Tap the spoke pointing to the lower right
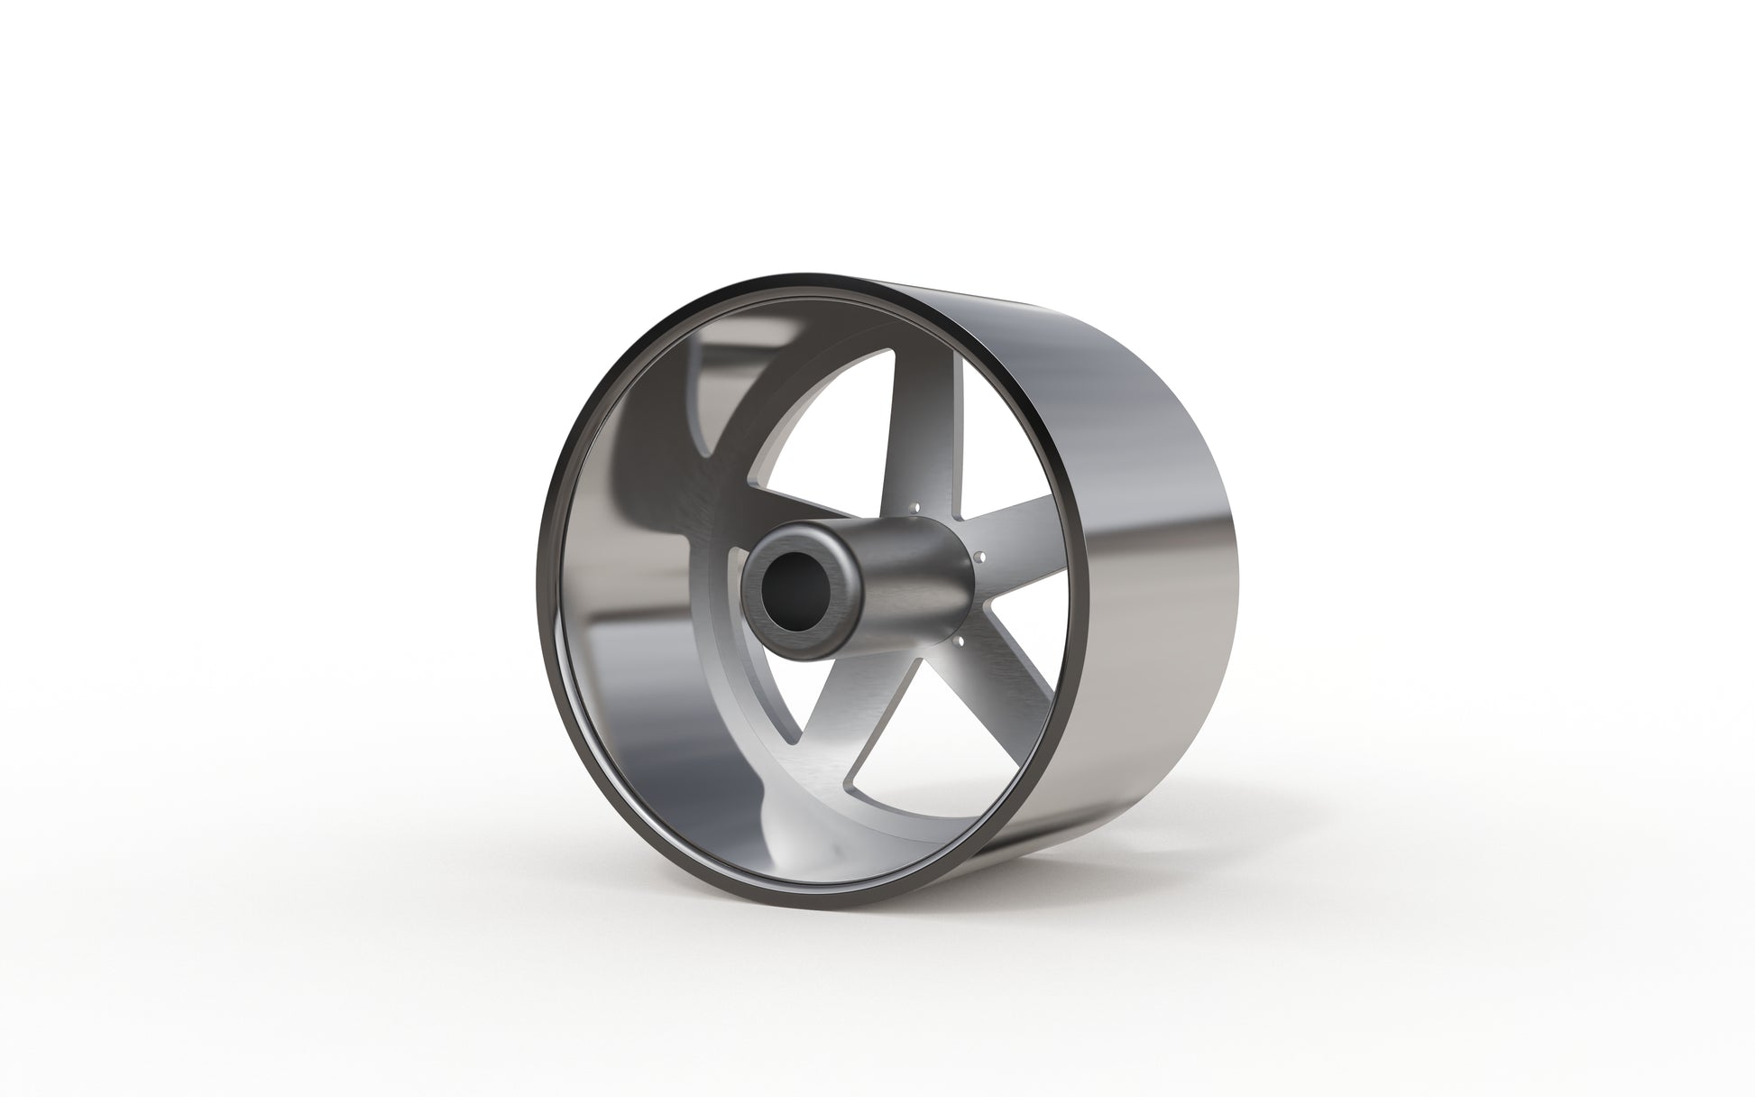pyautogui.click(x=1001, y=686)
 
